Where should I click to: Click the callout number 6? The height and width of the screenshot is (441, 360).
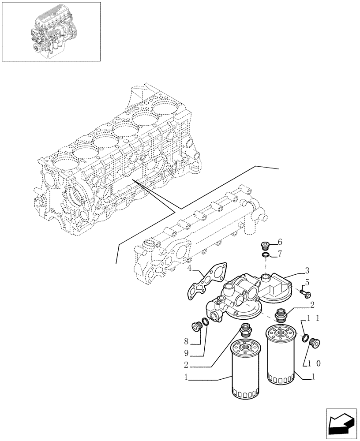pos(280,242)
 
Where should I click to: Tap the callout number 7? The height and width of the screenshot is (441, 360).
pos(280,254)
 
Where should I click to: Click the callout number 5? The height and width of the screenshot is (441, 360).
pos(307,282)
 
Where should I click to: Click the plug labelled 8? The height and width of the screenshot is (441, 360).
pos(196,326)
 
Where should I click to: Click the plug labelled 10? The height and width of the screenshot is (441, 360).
pos(315,343)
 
